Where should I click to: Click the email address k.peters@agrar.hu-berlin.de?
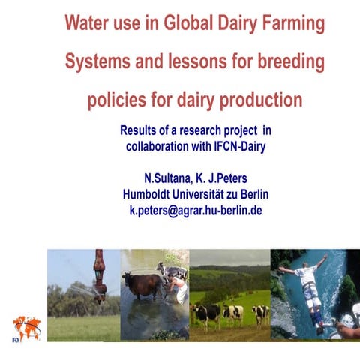pyautogui.click(x=196, y=211)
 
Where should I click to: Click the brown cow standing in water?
pyautogui.click(x=142, y=284)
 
